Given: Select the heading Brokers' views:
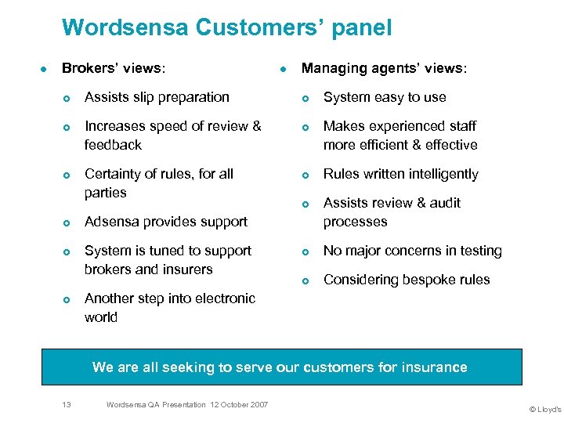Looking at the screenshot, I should (114, 68).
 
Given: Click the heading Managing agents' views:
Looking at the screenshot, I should (385, 68).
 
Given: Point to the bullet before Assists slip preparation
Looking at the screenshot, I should (68, 98).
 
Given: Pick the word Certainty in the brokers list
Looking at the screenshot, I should (114, 174).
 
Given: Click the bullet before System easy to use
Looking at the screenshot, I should (307, 98).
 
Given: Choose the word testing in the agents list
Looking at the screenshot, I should (475, 251).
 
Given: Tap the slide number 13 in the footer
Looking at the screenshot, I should (67, 404).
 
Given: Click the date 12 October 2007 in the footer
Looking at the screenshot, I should (238, 404).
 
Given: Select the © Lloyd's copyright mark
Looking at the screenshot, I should (545, 409).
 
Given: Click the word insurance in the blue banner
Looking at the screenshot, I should (432, 367).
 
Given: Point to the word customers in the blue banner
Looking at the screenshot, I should (334, 367).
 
